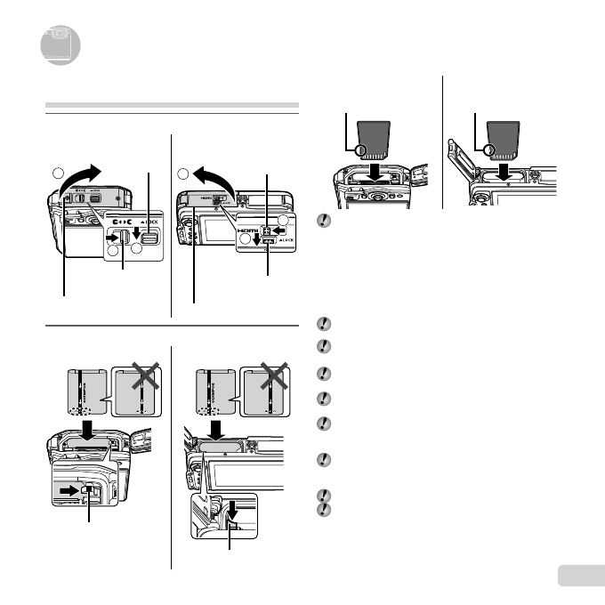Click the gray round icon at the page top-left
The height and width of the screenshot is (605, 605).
pyautogui.click(x=60, y=45)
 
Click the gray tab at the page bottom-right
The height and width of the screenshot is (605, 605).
pyautogui.click(x=579, y=577)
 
